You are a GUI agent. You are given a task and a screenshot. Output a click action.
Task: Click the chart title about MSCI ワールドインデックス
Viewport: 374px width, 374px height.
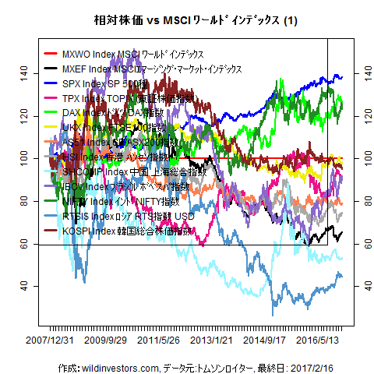187,19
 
